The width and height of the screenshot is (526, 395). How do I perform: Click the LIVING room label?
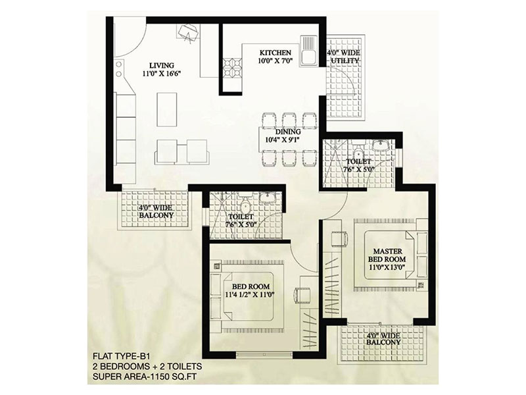pyautogui.click(x=162, y=65)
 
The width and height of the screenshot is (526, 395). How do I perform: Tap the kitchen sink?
pyautogui.click(x=308, y=50)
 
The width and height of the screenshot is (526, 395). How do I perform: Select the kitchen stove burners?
pyautogui.click(x=233, y=68)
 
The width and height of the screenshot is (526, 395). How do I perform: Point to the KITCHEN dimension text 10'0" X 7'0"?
pyautogui.click(x=275, y=61)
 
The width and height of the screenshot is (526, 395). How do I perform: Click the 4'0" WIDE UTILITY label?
pyautogui.click(x=345, y=57)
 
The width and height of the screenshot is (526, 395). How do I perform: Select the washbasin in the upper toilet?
pyautogui.click(x=381, y=145)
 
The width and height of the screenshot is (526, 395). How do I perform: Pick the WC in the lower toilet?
pyautogui.click(x=245, y=202)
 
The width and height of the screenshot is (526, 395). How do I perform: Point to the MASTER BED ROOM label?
pyautogui.click(x=387, y=255)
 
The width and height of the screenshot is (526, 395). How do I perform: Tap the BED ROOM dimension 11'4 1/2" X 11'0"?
pyautogui.click(x=251, y=295)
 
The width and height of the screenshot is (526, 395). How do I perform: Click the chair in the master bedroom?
pyautogui.click(x=340, y=239)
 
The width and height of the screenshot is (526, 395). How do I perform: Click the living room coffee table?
pyautogui.click(x=167, y=110)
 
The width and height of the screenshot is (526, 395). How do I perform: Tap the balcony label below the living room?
pyautogui.click(x=156, y=211)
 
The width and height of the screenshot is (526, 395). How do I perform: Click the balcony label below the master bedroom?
pyautogui.click(x=383, y=339)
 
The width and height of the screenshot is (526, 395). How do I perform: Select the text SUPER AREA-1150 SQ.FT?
pyautogui.click(x=145, y=377)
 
